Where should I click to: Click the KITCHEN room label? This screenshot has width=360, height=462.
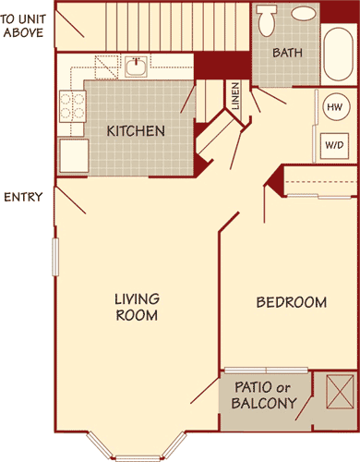pyautogui.click(x=136, y=131)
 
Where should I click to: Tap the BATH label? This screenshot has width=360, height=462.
pyautogui.click(x=287, y=53)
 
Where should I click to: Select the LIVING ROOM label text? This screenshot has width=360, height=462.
pyautogui.click(x=137, y=307)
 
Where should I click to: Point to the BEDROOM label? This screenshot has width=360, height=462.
pyautogui.click(x=291, y=302)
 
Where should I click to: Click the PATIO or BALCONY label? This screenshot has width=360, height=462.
pyautogui.click(x=265, y=395)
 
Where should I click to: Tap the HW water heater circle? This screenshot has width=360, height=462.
pyautogui.click(x=333, y=107)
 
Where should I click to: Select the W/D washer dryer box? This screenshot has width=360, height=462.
pyautogui.click(x=333, y=145)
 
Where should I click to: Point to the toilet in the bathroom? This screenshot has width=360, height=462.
pyautogui.click(x=267, y=20)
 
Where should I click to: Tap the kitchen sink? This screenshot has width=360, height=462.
pyautogui.click(x=136, y=67)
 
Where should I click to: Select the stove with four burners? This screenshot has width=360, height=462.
pyautogui.click(x=72, y=106)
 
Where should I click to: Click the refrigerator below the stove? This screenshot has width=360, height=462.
pyautogui.click(x=73, y=155)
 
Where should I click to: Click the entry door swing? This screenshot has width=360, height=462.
pyautogui.click(x=72, y=201)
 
